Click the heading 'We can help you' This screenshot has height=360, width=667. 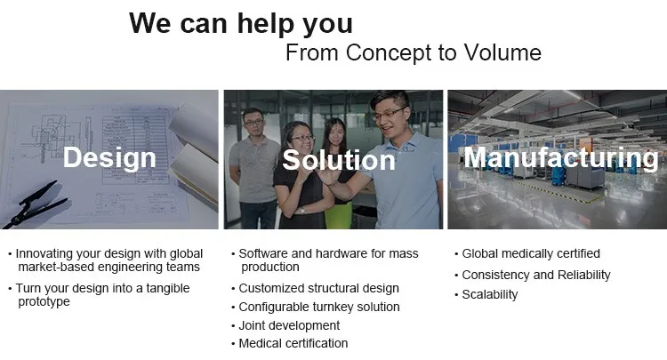click(241, 24)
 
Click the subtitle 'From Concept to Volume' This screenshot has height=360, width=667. click(414, 53)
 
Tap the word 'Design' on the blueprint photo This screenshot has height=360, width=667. click(109, 158)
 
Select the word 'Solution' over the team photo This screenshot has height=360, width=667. click(339, 160)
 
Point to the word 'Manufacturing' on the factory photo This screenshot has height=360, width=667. click(560, 158)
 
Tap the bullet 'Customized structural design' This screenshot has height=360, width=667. click(318, 288)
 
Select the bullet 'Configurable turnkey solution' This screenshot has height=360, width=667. click(319, 307)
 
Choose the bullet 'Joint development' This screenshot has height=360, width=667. click(289, 325)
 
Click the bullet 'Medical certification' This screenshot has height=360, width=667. click(293, 343)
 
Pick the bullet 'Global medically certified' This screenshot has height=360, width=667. click(531, 253)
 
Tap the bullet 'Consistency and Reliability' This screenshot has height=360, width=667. click(536, 275)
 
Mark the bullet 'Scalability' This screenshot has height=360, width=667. click(490, 294)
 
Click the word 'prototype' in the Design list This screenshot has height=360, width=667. click(44, 301)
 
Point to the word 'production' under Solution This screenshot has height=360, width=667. click(270, 268)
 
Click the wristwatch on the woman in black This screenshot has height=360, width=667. click(301, 211)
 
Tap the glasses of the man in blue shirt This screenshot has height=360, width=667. click(388, 114)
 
